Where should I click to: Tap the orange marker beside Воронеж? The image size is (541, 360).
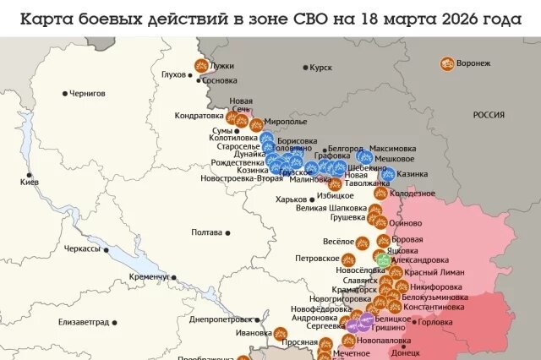pos(446,63)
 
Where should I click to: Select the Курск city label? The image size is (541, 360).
pos(321,67)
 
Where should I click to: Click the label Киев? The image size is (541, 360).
pos(30,183)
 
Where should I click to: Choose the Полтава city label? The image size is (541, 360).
pos(207,232)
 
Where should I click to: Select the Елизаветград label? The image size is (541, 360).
pos(84,322)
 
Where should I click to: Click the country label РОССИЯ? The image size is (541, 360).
pos(488,115)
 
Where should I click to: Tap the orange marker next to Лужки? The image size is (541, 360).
pos(201,65)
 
